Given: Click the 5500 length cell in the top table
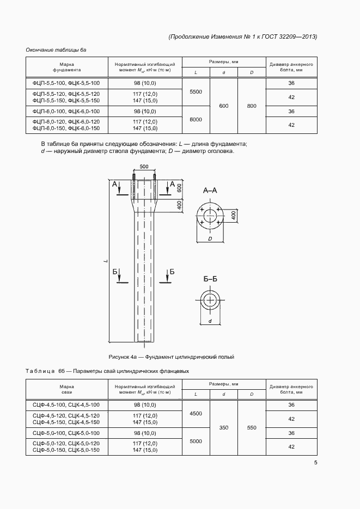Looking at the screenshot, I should [196, 92].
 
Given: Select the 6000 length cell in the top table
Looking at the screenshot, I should [196, 119].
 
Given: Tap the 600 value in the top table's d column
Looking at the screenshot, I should [223, 106].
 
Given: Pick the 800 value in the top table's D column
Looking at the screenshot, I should [251, 106].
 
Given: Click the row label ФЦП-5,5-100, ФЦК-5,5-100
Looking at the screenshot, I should [66, 83].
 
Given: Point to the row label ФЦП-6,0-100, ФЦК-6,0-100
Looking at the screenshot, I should [66, 111].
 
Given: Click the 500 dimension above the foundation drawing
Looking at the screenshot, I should [144, 165].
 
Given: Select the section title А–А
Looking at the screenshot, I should [210, 191].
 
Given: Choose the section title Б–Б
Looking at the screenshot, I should [210, 279].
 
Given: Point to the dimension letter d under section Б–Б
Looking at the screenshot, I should [210, 321].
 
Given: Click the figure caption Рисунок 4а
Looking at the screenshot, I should [171, 357].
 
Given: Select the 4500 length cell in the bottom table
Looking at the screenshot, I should [196, 414].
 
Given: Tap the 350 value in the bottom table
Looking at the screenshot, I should [223, 428].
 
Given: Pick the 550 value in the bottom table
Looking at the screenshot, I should [251, 428].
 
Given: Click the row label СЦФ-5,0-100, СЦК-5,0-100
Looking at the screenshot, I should [66, 433].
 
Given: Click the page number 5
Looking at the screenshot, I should [315, 463].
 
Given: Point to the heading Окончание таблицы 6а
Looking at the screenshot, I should [56, 50].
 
